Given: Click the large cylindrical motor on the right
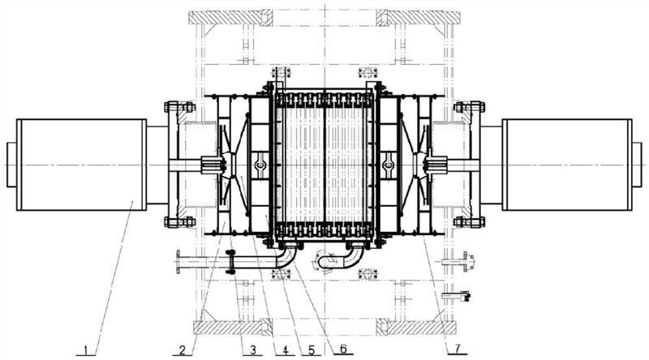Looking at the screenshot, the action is pos(568,165).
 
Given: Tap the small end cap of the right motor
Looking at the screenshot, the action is pos(638,165).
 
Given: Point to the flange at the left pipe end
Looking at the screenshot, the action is pos(178,262).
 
